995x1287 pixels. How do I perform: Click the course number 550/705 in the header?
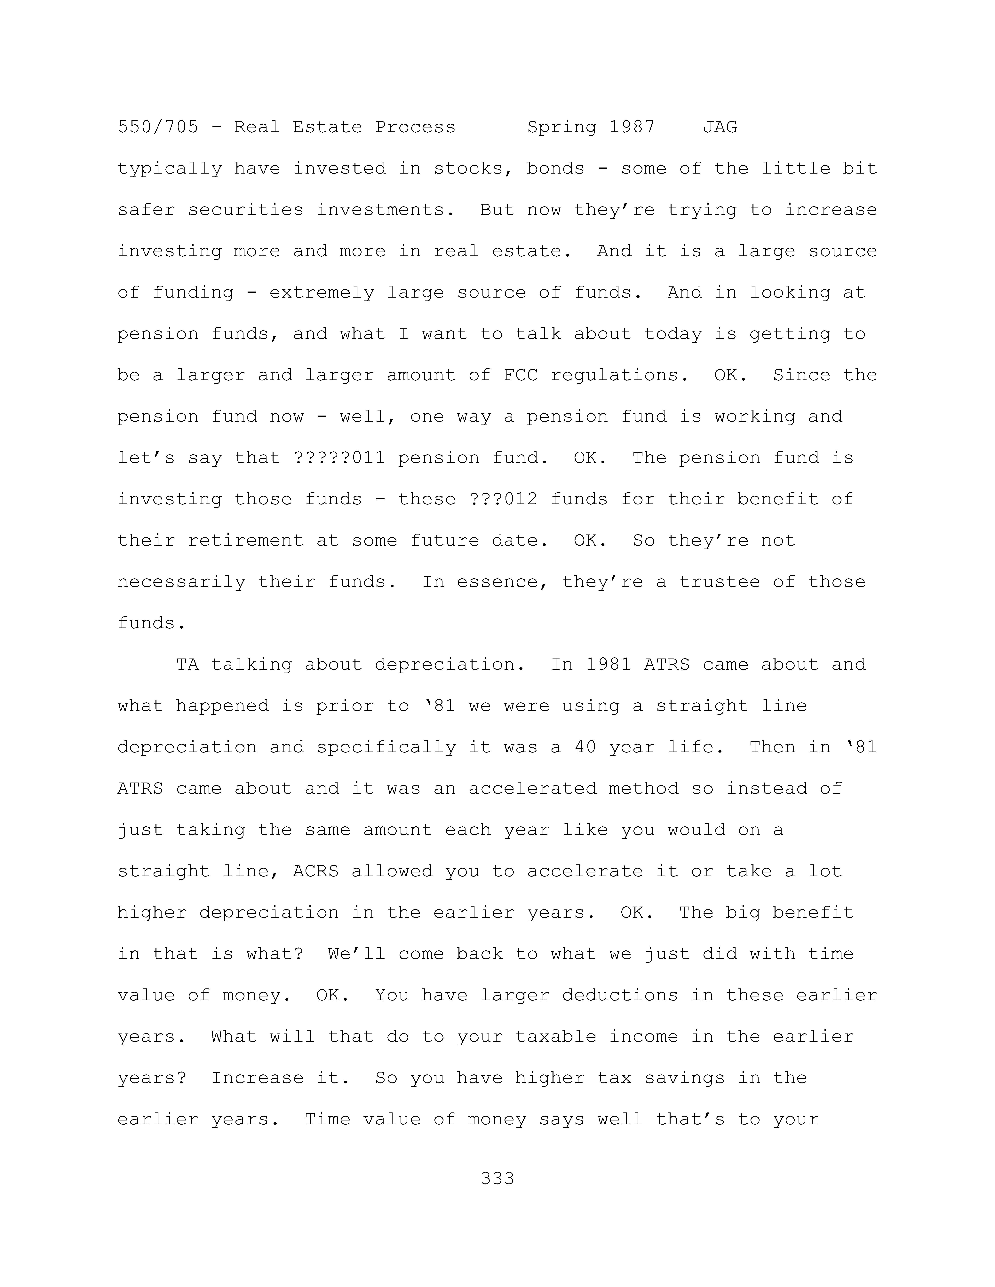(158, 127)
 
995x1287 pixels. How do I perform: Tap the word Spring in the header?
(562, 127)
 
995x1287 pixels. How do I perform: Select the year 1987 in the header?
(632, 127)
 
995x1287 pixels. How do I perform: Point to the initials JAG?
(720, 127)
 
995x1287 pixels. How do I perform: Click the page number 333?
(497, 1179)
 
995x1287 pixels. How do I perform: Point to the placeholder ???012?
(503, 499)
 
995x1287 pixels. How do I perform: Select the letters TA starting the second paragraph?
(187, 665)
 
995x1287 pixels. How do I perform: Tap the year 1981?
(608, 665)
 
